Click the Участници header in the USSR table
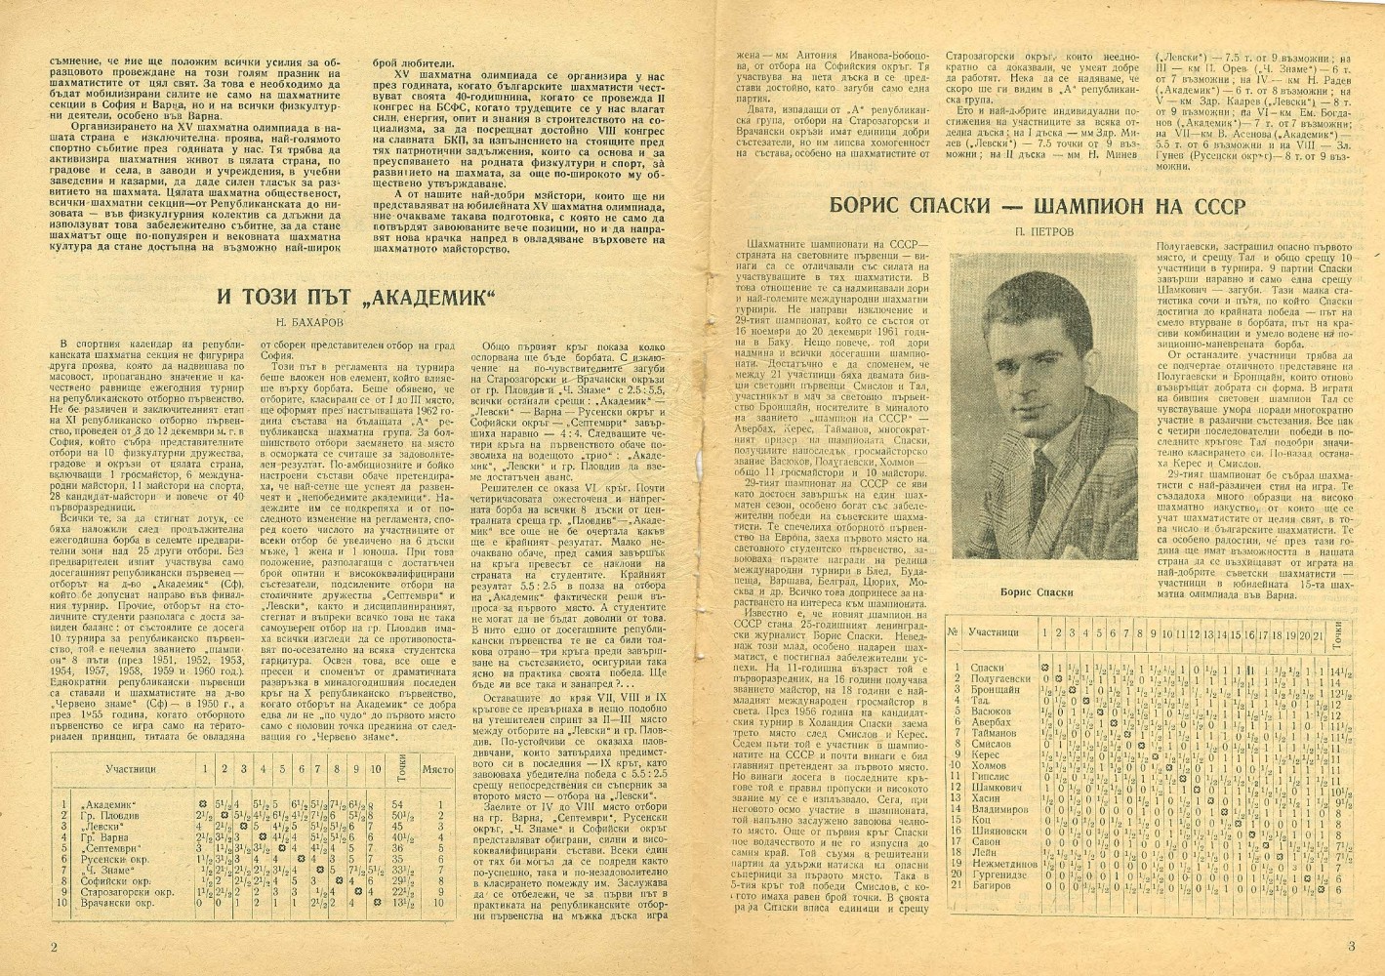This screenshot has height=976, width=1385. [x=996, y=631]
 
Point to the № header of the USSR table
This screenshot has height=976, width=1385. [x=956, y=631]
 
